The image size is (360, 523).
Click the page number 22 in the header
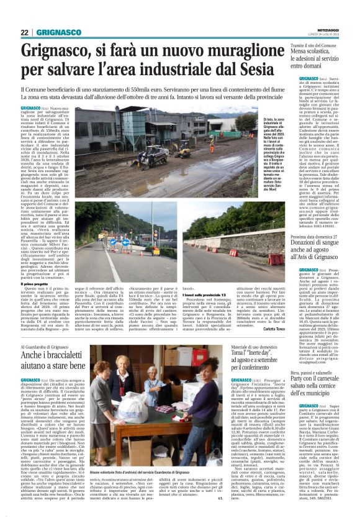point(25,32)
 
